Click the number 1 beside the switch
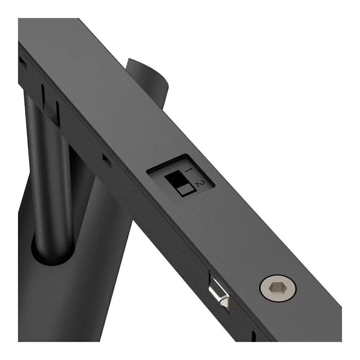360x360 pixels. tap(188, 170)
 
